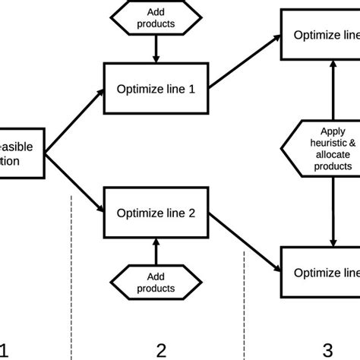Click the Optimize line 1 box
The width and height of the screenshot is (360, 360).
[x=156, y=88]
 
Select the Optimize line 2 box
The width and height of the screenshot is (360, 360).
[x=156, y=213]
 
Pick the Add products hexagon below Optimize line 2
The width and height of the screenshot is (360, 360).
[x=156, y=282]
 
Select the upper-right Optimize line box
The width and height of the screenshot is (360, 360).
[x=320, y=34]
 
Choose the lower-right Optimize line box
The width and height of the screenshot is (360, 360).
[x=320, y=272]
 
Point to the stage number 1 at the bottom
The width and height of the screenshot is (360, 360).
[x=6, y=349]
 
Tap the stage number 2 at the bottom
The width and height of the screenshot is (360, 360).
[x=161, y=349]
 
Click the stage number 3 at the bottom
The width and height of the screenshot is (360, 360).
[x=327, y=349]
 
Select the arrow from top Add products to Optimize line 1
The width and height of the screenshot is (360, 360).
[x=156, y=50]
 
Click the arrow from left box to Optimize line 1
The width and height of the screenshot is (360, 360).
[x=76, y=121]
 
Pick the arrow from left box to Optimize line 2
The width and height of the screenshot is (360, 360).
[x=76, y=183]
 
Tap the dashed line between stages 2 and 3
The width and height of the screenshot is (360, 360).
[x=244, y=304]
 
